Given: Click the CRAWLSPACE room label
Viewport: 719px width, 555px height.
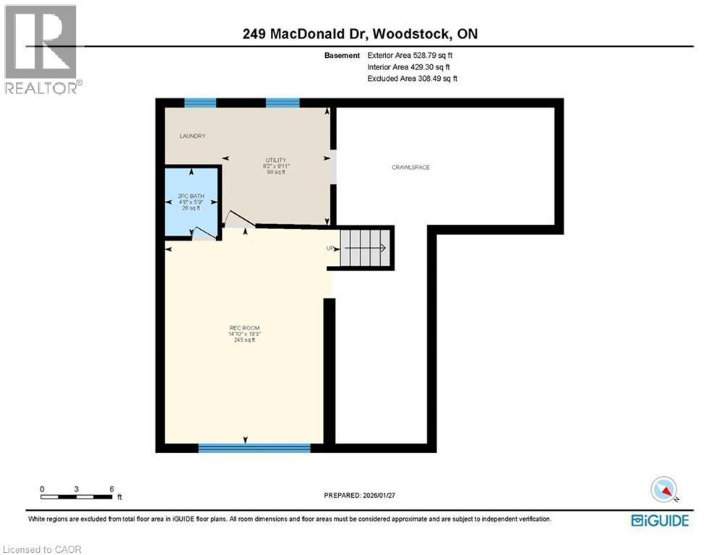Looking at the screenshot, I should [410, 168].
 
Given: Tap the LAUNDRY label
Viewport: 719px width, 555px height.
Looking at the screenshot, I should [193, 136].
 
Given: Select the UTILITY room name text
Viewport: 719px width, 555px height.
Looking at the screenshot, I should [275, 160].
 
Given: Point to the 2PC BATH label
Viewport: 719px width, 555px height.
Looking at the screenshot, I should [191, 196].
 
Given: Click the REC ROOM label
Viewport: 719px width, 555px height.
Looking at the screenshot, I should [244, 329].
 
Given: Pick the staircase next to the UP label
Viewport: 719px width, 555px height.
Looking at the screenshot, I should [366, 248].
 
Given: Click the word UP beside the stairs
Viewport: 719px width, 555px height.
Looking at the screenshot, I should [331, 248].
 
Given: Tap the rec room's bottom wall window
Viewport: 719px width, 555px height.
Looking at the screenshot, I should [254, 449].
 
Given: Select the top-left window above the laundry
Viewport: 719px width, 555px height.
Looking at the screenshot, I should [200, 103].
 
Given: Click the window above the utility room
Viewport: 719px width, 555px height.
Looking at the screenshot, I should [283, 103].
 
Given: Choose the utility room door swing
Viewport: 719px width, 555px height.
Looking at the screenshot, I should [238, 219].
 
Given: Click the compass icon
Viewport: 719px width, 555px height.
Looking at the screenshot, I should [664, 490].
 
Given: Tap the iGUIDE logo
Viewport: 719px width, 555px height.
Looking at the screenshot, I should [660, 520].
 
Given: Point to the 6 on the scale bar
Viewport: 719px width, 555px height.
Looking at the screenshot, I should [111, 489].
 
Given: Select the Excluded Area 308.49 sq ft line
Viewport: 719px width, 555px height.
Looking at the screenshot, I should [412, 79].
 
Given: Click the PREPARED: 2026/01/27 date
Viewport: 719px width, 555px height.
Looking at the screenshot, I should [361, 495].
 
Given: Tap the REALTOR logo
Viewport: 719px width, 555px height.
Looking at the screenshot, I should [42, 48].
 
